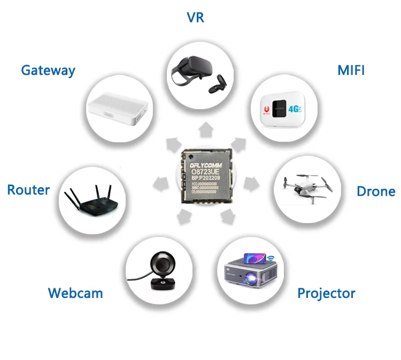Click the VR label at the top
coord(195,17)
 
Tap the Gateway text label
coord(48,70)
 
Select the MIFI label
coord(351,70)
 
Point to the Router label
coord(28,190)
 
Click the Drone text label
coord(376,192)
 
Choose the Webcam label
coord(75,293)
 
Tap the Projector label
coord(326,293)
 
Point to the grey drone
coord(303,185)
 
